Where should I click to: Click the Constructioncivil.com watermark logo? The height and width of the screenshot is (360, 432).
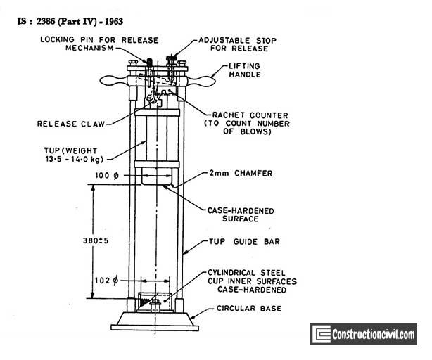[x=363, y=334]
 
